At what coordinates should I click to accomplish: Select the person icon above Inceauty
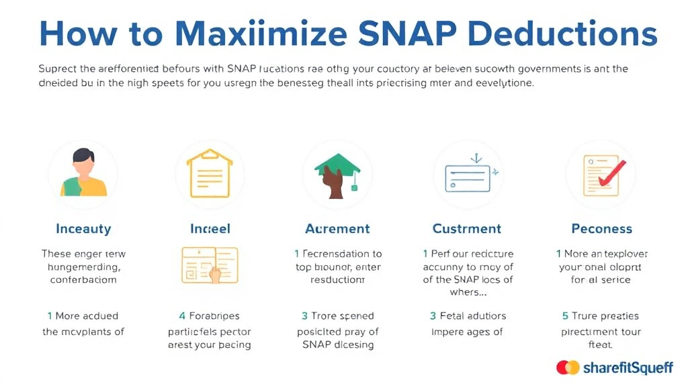(84, 173)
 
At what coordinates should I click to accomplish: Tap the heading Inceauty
(83, 229)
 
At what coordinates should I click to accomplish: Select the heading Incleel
(210, 229)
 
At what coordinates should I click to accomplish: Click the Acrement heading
(337, 229)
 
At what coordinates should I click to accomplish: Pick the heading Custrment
(467, 229)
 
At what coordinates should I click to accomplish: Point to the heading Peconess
(602, 229)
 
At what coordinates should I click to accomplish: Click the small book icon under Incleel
(210, 265)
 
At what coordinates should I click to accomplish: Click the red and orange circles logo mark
(568, 367)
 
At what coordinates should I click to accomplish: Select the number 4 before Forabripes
(183, 316)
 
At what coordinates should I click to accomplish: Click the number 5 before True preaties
(565, 316)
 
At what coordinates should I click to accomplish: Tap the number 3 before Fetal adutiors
(433, 316)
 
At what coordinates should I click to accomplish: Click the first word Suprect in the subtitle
(57, 69)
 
